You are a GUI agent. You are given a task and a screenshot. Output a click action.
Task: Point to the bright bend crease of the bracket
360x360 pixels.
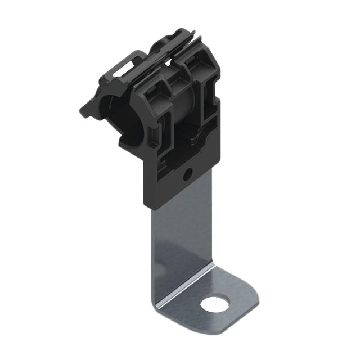(x=186, y=287)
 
